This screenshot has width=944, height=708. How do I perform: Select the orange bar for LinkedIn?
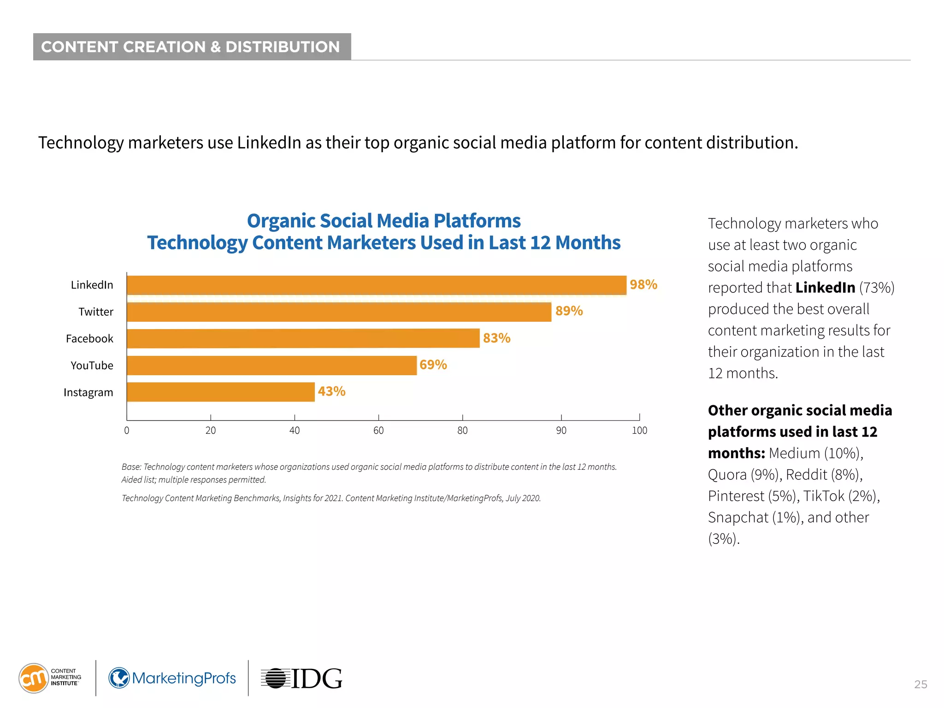coord(376,285)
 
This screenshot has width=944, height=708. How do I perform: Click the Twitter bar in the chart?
coord(339,312)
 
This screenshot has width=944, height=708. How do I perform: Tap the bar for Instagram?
coord(220,392)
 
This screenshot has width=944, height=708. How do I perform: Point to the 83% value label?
coord(496,338)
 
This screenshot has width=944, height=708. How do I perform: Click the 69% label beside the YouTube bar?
coord(433,365)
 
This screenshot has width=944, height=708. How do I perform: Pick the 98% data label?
coord(643,285)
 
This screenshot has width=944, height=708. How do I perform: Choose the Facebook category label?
coord(89,339)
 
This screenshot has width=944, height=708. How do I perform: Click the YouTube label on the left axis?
coord(92,366)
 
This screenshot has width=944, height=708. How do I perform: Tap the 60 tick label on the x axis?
coord(378,431)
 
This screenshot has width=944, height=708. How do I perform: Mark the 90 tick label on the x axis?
coord(561,431)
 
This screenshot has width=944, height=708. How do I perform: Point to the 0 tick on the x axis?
coord(127,431)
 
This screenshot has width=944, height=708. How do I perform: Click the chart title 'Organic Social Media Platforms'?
coord(383,221)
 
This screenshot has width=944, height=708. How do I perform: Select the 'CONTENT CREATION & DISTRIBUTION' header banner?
coord(191,47)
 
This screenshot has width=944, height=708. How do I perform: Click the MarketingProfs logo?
coord(172,678)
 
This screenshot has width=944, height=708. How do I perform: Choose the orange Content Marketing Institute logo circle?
coord(33,678)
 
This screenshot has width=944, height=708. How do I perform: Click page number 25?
coord(920,684)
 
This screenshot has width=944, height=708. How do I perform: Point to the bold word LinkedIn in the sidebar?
coord(825,288)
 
